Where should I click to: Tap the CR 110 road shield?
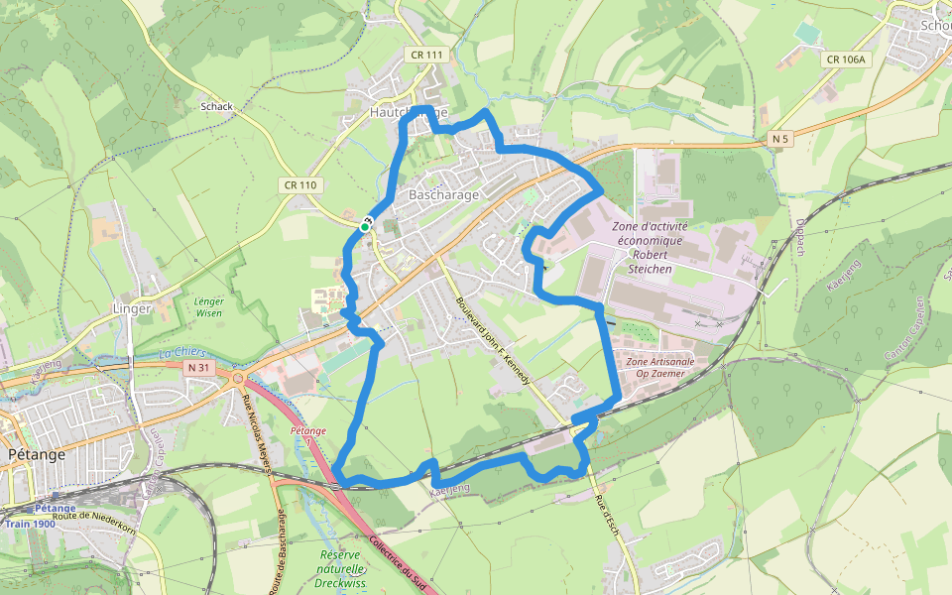pos(300,184)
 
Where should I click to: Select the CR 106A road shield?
pos(845,59)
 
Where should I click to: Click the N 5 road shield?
pos(780,140)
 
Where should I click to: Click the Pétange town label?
pos(35,454)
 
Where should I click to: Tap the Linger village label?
pos(132,308)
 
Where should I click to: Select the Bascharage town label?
pos(443,194)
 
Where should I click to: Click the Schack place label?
pos(216,106)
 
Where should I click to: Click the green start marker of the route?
pos(365,227)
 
